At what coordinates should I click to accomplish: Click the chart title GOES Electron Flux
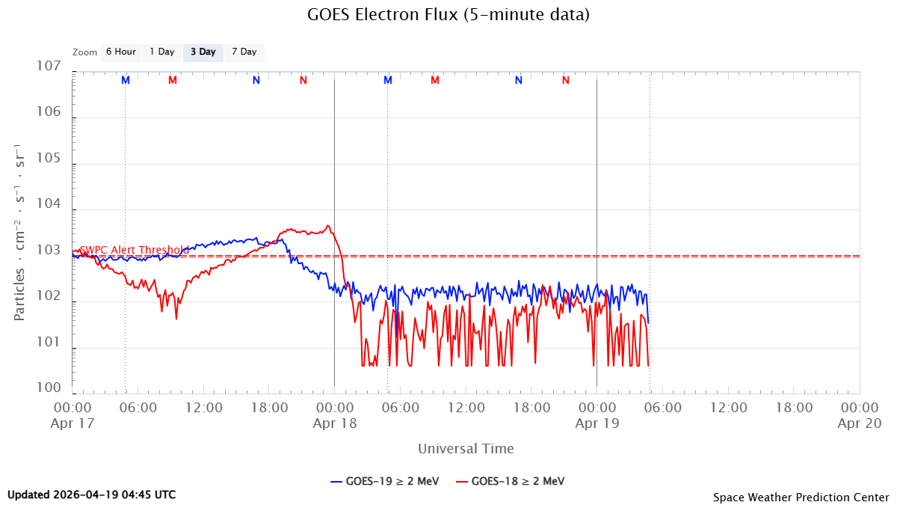449,15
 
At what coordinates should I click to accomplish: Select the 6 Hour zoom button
120,52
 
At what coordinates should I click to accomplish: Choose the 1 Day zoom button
161,52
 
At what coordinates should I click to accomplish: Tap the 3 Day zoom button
203,52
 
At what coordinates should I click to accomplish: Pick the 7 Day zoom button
244,52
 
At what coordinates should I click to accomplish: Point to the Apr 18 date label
334,423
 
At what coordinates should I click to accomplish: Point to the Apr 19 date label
597,423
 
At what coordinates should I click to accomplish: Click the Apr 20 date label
859,423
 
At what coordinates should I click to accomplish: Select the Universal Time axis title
466,449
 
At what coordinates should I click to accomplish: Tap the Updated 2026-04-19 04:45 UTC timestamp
92,495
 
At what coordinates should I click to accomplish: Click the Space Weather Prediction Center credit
801,497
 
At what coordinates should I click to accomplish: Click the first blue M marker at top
126,80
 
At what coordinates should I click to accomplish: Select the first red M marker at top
173,80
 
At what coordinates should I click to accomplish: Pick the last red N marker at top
566,80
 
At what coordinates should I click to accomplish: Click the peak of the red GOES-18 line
327,225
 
